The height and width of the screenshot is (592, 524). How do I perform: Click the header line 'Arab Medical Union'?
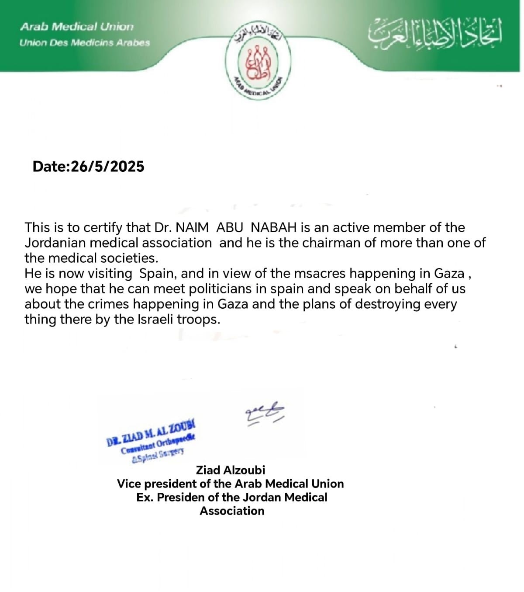(77, 27)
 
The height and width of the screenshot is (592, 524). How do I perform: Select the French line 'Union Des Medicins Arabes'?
(85, 43)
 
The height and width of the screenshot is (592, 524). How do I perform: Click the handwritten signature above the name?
(265, 413)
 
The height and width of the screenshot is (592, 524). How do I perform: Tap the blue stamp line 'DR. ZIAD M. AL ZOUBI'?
(151, 433)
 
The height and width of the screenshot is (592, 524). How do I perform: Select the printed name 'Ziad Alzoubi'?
(230, 470)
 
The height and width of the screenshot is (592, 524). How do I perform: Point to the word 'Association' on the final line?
(232, 511)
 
